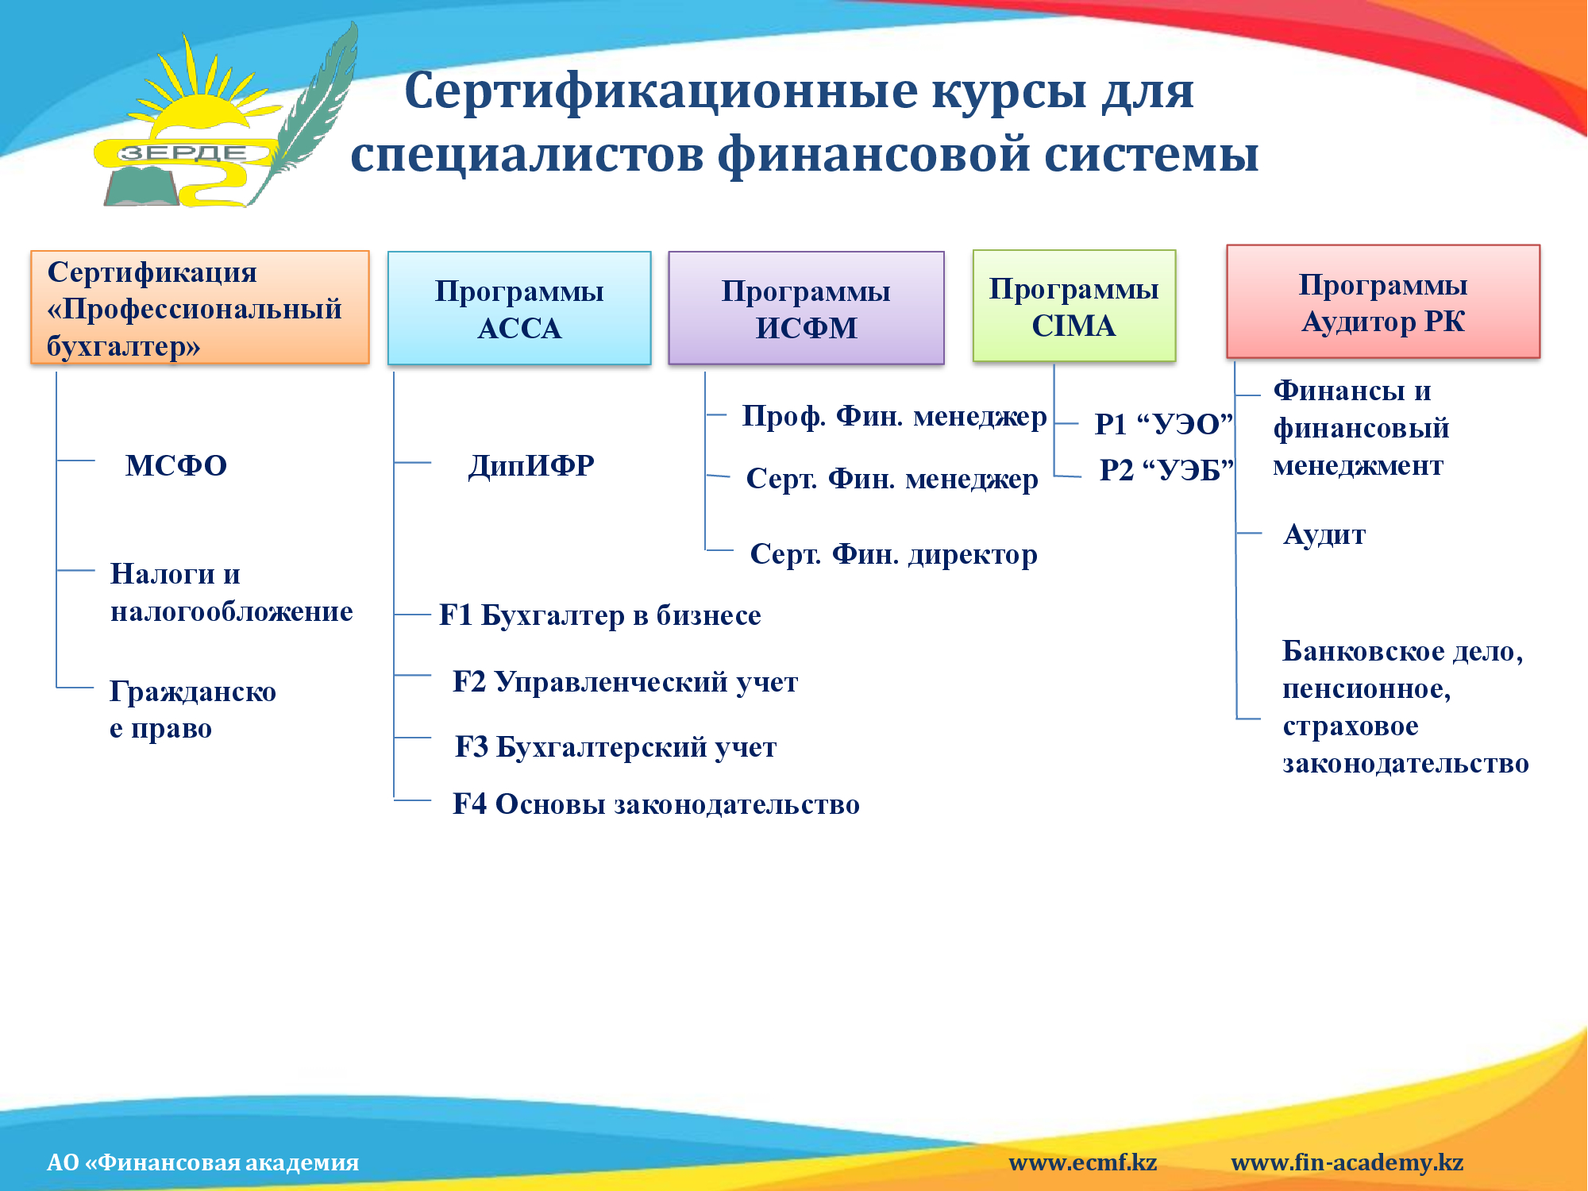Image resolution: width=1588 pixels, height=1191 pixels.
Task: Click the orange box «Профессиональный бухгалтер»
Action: (x=200, y=308)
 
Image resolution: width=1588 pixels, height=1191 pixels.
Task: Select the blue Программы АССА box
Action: (x=519, y=309)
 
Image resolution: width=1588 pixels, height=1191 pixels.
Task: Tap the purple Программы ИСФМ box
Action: (x=807, y=309)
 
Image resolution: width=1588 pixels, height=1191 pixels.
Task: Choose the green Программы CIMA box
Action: (x=1074, y=306)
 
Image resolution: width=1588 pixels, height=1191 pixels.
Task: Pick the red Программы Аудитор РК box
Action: (x=1383, y=302)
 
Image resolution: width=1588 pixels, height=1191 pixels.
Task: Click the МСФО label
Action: (x=176, y=465)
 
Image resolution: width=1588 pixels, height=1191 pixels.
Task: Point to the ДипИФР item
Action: (x=531, y=465)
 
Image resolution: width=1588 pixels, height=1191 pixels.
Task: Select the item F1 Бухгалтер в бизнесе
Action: (x=600, y=615)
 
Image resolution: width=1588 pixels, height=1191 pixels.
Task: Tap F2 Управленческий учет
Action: (x=626, y=682)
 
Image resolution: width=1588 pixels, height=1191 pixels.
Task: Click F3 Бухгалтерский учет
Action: (x=616, y=747)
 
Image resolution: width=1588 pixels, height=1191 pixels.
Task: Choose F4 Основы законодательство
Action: (x=657, y=804)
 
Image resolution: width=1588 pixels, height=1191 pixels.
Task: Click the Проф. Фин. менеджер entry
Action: (x=894, y=416)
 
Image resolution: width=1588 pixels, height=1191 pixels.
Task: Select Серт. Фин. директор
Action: (x=894, y=554)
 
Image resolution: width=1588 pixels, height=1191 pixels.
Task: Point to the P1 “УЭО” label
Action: (x=1163, y=424)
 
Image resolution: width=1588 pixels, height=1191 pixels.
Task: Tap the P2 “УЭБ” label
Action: (x=1166, y=470)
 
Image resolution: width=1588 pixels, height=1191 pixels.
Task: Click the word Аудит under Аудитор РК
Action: (x=1324, y=535)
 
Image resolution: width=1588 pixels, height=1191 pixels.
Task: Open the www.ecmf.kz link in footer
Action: (x=1083, y=1162)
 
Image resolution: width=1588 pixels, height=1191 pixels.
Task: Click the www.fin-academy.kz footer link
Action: (x=1347, y=1162)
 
